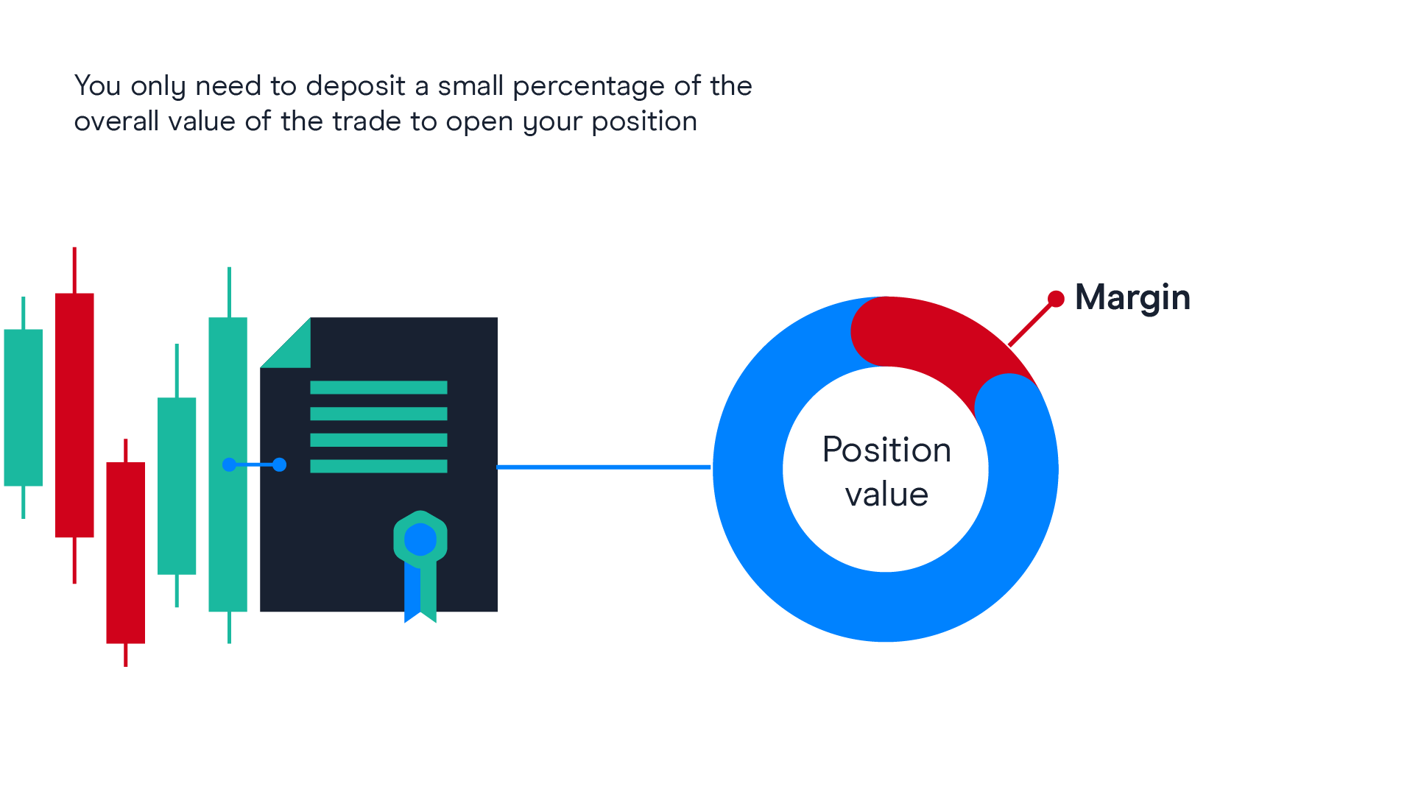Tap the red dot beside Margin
tap(1056, 299)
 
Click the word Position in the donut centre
tap(886, 450)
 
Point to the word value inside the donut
tap(886, 494)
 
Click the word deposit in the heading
tap(356, 87)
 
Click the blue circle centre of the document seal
tap(420, 540)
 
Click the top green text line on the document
tap(378, 387)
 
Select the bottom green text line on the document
tap(378, 466)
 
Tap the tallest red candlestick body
tap(74, 415)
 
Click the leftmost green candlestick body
tap(24, 408)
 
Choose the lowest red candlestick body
tap(126, 553)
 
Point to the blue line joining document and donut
tap(604, 467)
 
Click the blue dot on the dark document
tap(280, 464)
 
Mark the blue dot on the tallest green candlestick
tap(229, 464)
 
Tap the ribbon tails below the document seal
tap(420, 592)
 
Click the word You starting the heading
tap(98, 86)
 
